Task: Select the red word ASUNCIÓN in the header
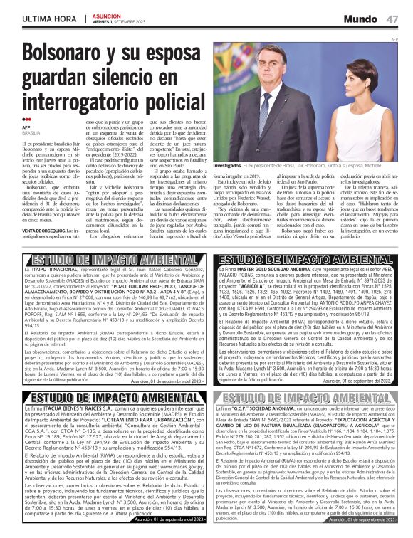tap(107, 14)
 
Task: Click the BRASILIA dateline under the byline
tap(31, 132)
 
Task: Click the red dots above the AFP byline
tap(26, 120)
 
